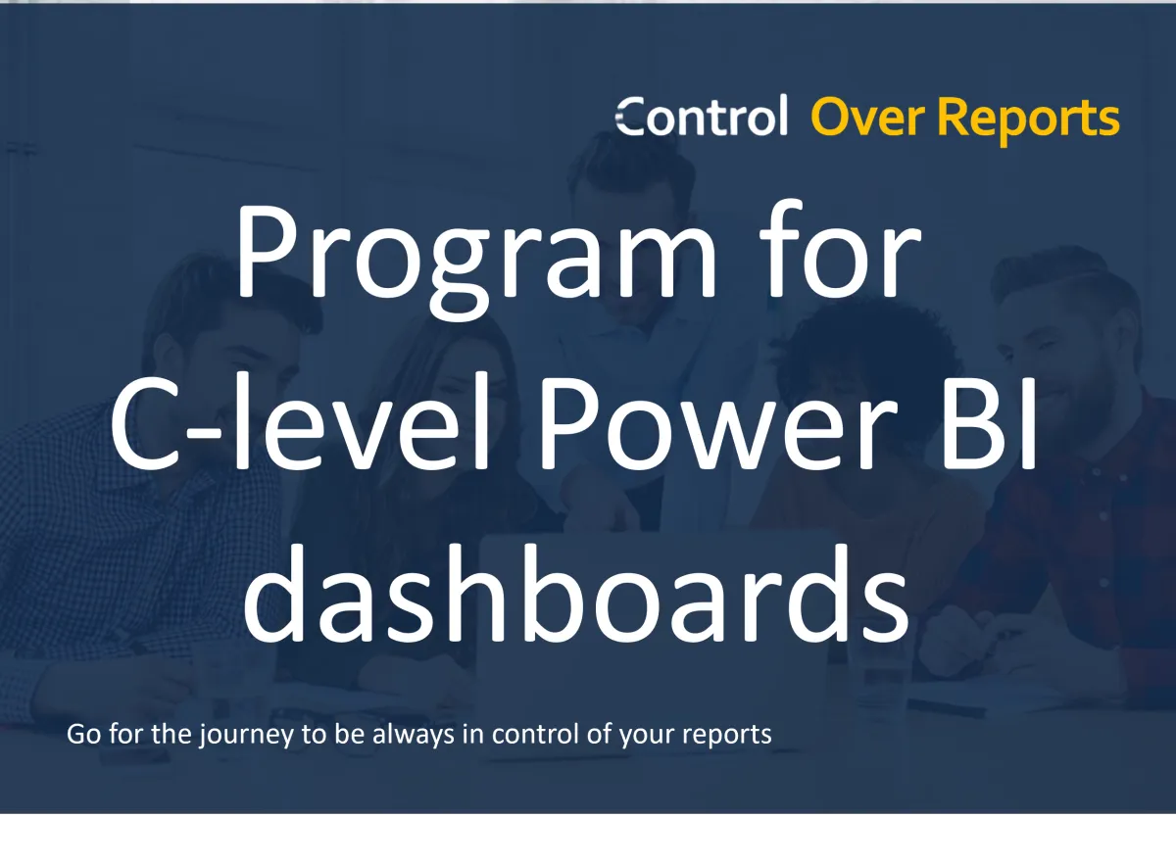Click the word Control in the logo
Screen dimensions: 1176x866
702,115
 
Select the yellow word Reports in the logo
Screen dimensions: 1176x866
1029,121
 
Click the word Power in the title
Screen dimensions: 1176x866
718,423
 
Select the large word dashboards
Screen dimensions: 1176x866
576,593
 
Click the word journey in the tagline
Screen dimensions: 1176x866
246,735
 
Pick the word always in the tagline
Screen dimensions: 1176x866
414,735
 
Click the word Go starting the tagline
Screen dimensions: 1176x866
83,734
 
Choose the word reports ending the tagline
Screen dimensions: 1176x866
726,736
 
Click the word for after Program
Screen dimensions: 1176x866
840,249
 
